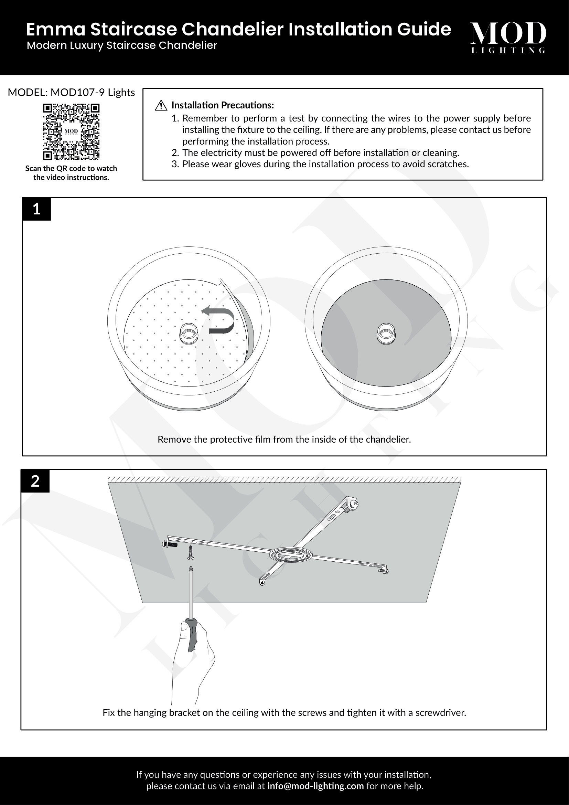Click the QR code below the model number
tap(71, 131)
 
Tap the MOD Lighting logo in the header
tap(508, 37)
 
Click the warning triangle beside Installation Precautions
tap(161, 105)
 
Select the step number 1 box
tap(36, 209)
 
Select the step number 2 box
tap(35, 481)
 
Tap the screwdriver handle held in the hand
tap(191, 635)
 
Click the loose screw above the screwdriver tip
tap(191, 552)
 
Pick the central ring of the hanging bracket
tap(290, 555)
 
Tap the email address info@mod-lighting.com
tap(315, 786)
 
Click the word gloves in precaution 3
tap(247, 164)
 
